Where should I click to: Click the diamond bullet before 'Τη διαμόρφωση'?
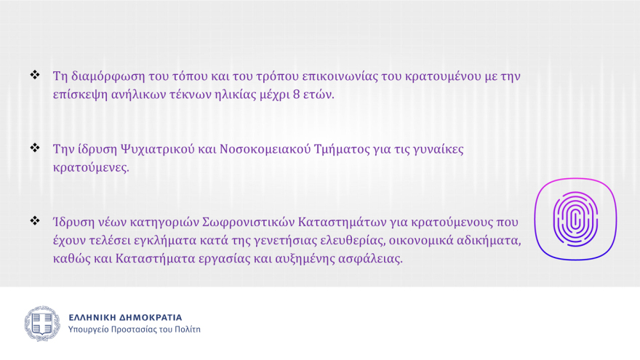pos(34,75)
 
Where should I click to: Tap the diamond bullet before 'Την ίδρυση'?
pos(34,148)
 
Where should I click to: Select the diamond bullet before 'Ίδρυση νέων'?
pos(34,220)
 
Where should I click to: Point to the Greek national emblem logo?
pos(42,324)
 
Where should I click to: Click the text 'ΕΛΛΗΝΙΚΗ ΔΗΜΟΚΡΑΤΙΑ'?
pos(125,317)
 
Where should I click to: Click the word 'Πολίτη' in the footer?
pos(186,329)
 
